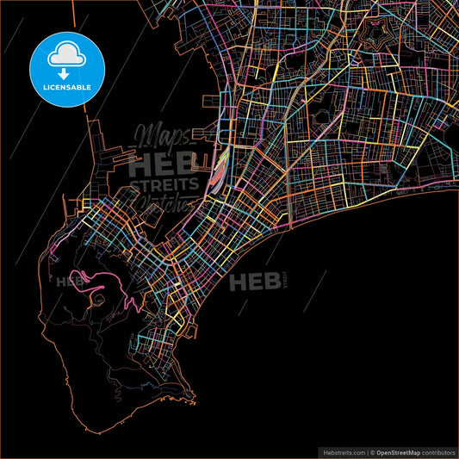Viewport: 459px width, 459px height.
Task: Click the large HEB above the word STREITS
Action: pos(160,165)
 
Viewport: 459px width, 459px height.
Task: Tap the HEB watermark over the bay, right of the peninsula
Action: pos(253,281)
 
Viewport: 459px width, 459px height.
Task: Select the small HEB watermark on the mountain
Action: pos(66,280)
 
